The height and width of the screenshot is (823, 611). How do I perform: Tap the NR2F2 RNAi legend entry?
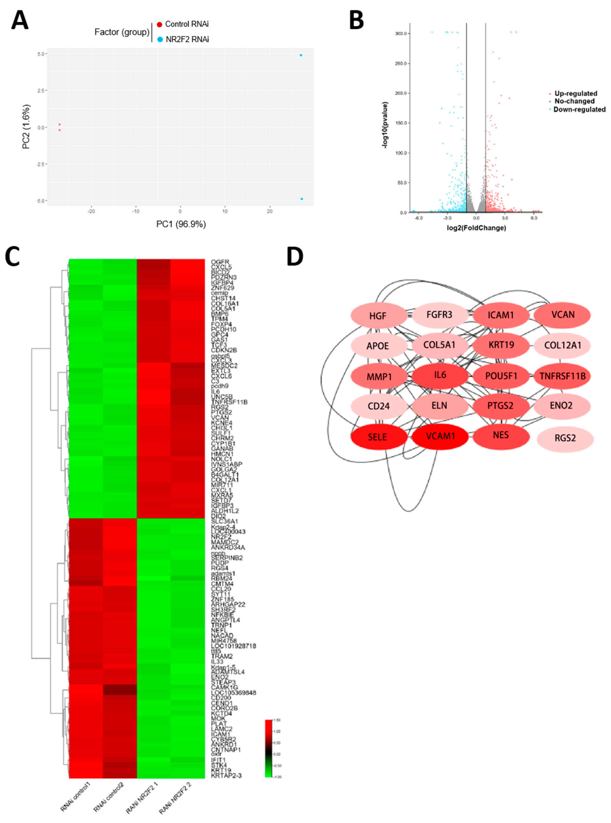tap(183, 39)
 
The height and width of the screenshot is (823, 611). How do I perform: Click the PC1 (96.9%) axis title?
tap(181, 224)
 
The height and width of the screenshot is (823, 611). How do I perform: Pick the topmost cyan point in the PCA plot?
tap(301, 55)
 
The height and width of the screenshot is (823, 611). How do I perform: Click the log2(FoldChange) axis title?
tap(476, 228)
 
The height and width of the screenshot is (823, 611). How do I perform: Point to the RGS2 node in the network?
tap(565, 438)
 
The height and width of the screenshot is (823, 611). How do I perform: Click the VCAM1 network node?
tap(440, 436)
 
